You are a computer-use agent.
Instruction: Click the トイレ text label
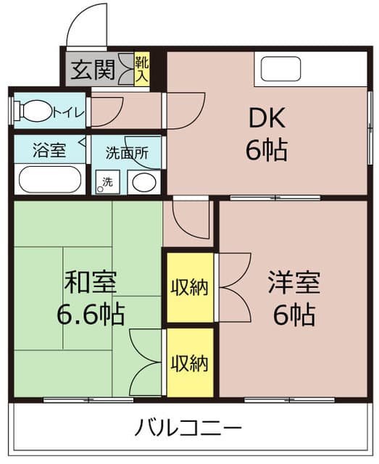tap(68, 112)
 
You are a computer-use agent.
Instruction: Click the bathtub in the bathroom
tap(49, 179)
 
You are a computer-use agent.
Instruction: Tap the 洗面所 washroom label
tap(127, 152)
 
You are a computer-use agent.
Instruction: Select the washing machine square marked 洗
tap(107, 181)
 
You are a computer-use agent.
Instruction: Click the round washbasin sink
tap(144, 181)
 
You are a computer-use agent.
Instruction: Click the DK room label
tap(267, 117)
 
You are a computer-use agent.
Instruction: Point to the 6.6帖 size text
tap(91, 314)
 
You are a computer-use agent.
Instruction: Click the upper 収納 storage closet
tap(190, 287)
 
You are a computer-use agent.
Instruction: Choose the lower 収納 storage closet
tap(190, 362)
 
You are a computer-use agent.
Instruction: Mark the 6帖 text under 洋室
tap(293, 314)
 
